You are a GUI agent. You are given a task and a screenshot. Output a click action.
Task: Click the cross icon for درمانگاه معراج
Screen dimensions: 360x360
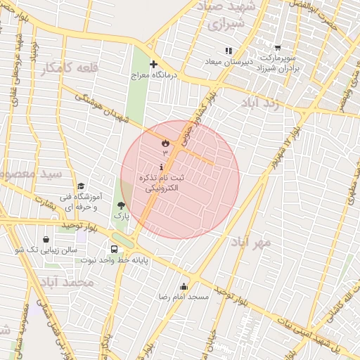pos(153,64)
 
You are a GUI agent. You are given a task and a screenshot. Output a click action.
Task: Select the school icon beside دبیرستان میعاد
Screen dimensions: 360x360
pos(228,51)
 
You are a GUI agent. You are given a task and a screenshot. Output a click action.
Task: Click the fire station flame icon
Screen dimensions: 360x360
pos(165,143)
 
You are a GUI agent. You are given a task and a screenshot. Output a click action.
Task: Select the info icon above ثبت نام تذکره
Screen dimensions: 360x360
pos(163,167)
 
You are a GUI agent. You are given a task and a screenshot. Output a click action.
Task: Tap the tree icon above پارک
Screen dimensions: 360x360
pos(122,205)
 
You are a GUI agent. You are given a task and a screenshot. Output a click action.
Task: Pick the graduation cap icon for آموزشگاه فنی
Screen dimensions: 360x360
pos(82,186)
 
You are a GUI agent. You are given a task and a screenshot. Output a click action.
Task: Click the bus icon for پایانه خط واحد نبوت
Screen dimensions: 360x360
pos(114,249)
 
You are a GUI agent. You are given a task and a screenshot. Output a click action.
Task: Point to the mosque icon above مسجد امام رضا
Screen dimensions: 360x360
pos(184,286)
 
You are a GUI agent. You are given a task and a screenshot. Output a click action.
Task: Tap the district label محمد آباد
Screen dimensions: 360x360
pos(67,282)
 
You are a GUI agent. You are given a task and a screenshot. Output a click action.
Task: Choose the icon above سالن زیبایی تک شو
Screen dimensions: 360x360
pos(46,239)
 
